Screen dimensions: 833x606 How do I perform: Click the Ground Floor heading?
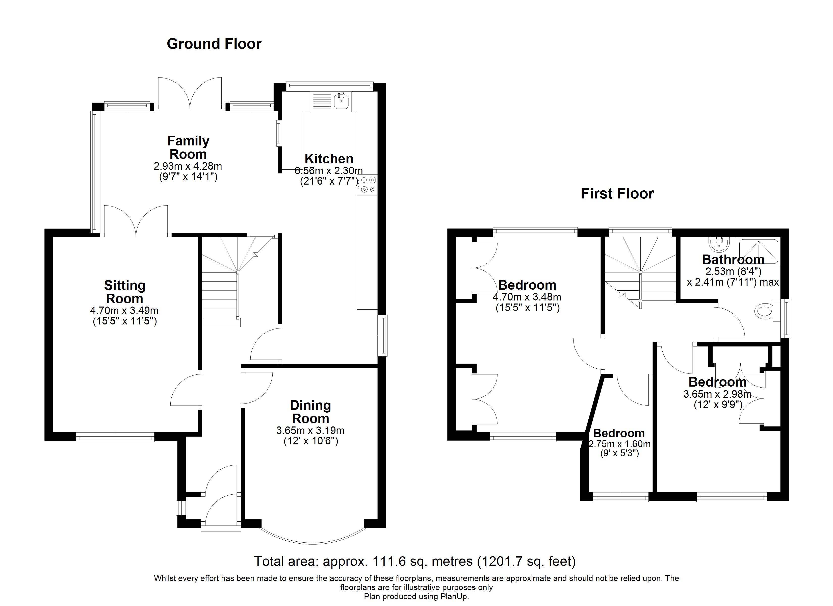pos(214,44)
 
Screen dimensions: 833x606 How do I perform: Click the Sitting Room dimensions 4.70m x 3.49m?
pos(124,311)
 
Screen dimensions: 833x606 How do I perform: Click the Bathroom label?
pos(733,260)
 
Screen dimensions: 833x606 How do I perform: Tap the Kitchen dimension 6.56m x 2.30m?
pos(329,170)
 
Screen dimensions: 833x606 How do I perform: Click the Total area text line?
pos(415,561)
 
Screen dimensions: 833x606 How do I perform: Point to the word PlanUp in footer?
pos(453,596)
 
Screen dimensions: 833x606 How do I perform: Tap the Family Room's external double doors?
pos(190,93)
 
